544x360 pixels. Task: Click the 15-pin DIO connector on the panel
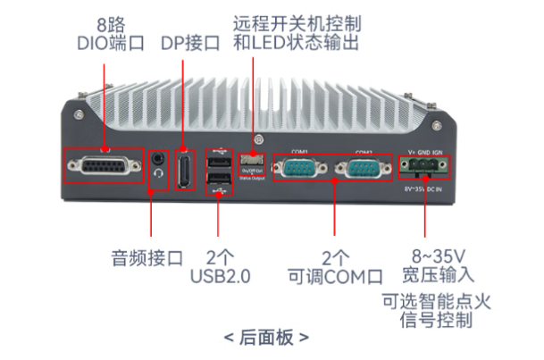click(103, 167)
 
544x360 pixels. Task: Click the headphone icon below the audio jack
click(159, 175)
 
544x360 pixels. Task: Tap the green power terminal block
click(426, 167)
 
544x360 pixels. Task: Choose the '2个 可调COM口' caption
click(334, 265)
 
